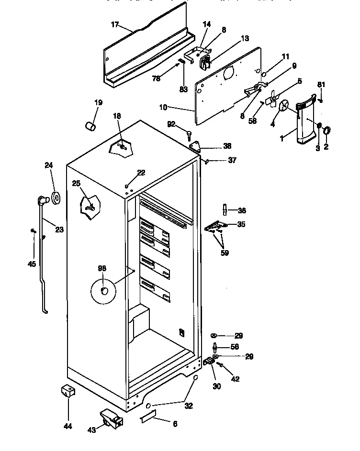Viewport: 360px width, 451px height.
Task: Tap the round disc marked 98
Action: point(103,291)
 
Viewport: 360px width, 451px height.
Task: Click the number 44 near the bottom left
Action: point(68,426)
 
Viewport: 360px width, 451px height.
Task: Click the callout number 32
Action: point(189,406)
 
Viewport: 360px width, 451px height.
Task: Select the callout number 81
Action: point(321,85)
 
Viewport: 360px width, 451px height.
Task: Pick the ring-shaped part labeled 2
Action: point(326,130)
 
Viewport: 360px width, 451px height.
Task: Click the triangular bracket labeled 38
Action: point(196,146)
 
